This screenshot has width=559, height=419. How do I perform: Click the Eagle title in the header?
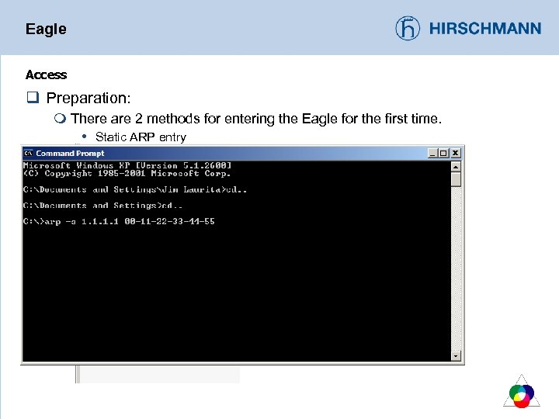click(46, 29)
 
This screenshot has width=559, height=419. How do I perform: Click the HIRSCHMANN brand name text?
click(485, 29)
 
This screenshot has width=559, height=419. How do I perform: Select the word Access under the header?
click(46, 75)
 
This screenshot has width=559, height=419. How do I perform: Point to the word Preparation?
click(88, 99)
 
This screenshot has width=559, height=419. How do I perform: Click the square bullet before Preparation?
click(32, 99)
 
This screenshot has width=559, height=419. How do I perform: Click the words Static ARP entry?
click(141, 137)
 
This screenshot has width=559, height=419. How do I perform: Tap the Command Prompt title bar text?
click(70, 154)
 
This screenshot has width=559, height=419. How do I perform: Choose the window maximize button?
click(444, 154)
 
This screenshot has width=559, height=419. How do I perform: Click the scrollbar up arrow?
click(456, 166)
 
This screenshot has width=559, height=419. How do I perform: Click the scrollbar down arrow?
click(456, 356)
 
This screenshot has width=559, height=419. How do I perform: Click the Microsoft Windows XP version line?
click(127, 165)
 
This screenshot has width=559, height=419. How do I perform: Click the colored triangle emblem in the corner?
click(522, 393)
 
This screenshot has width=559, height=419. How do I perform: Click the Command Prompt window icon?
click(29, 154)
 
